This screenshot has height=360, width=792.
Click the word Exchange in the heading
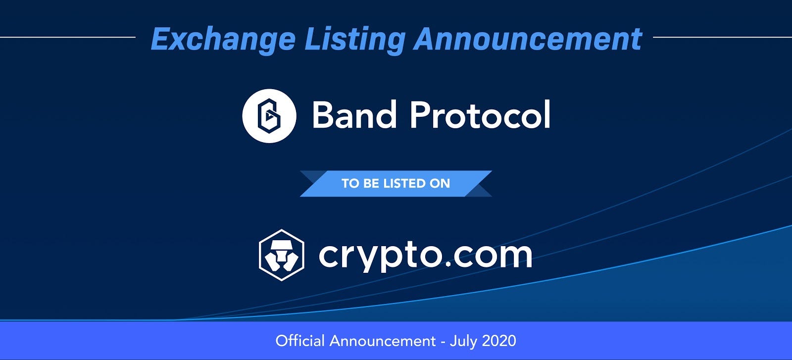(223, 40)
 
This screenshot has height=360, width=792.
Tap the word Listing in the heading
(355, 40)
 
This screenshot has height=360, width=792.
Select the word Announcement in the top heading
(528, 39)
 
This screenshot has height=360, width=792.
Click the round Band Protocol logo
(269, 116)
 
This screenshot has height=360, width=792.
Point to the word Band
(354, 114)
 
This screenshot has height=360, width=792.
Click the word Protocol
(480, 114)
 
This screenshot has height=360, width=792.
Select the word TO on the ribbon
(350, 184)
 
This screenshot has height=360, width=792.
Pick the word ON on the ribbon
(440, 184)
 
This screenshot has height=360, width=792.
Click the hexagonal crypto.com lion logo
(282, 255)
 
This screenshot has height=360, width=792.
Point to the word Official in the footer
(300, 341)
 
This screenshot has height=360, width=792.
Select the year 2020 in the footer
(499, 341)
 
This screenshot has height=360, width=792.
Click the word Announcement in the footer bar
(383, 341)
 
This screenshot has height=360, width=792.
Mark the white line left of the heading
(67, 37)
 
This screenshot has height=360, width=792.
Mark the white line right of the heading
(722, 37)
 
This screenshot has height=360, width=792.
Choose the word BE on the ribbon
(371, 184)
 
